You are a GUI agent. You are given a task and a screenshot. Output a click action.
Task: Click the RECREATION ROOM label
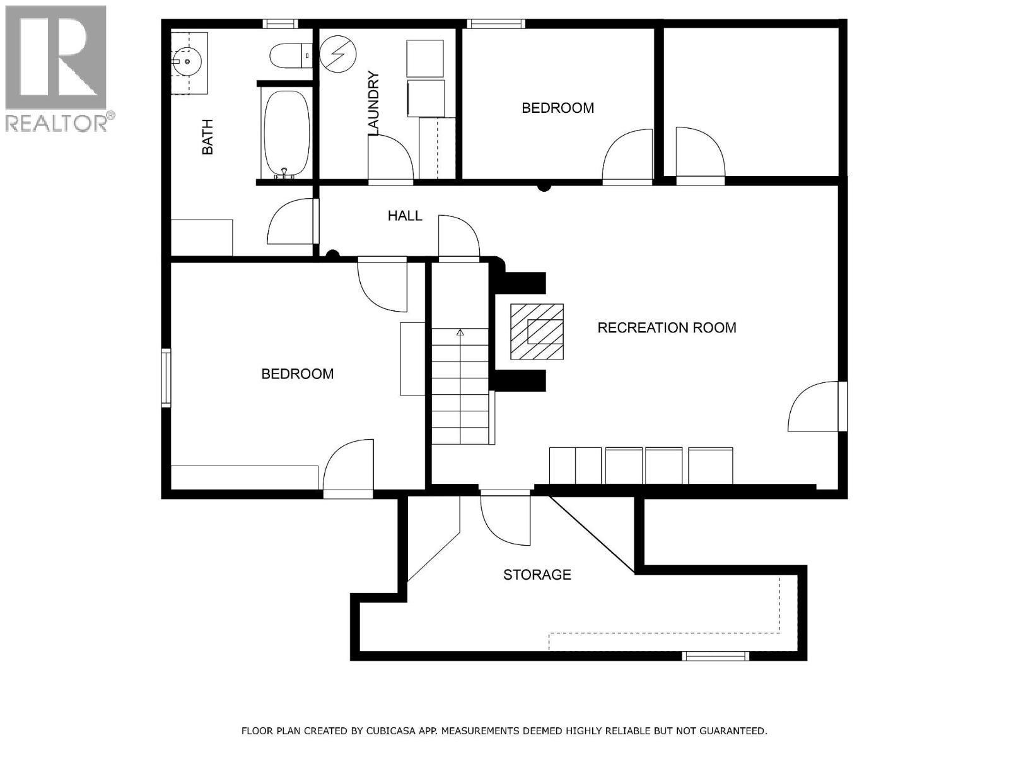click(x=667, y=327)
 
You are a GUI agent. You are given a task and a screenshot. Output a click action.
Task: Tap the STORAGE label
click(x=537, y=575)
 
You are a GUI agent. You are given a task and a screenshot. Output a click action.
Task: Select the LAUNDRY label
click(x=373, y=104)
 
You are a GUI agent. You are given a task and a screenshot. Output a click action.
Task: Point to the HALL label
click(x=405, y=216)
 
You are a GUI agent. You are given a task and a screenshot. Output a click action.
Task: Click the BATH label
click(x=207, y=137)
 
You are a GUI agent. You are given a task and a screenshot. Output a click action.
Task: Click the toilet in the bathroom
click(x=290, y=56)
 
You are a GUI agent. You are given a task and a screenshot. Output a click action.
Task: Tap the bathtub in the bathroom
click(x=286, y=133)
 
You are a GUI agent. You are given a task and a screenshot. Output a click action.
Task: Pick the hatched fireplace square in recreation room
click(x=537, y=332)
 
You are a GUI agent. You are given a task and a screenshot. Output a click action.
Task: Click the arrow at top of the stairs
click(x=460, y=332)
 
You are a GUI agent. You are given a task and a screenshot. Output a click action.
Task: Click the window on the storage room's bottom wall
click(x=716, y=657)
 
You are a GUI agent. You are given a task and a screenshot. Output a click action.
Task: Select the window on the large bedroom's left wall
click(x=166, y=378)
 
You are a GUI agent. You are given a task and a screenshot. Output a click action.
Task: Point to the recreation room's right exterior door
click(x=815, y=407)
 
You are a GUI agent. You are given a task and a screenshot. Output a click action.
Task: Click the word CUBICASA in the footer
click(x=412, y=731)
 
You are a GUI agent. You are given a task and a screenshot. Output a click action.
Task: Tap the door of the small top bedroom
click(x=628, y=156)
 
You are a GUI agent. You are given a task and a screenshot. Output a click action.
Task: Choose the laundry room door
click(x=391, y=158)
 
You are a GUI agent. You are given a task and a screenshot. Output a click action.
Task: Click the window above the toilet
click(x=281, y=24)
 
